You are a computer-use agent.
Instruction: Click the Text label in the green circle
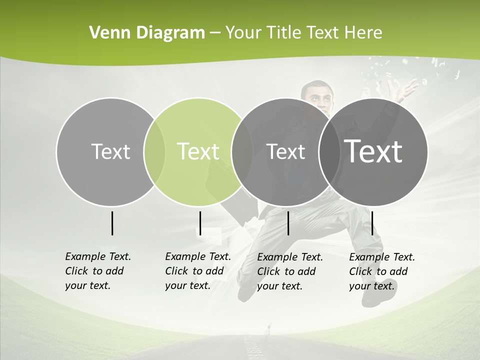tap(198, 151)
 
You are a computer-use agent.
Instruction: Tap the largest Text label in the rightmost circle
tap(373, 151)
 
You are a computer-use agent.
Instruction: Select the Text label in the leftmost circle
tap(110, 151)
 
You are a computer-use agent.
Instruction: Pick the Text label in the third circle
tap(285, 151)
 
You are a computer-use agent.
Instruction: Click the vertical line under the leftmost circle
tap(112, 223)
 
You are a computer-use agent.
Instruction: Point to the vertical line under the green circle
tap(200, 223)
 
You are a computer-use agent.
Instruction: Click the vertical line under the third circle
tap(288, 223)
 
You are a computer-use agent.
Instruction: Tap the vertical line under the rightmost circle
tap(372, 223)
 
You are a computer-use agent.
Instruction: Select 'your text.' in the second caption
tap(187, 285)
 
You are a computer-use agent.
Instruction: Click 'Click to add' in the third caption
tap(286, 271)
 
